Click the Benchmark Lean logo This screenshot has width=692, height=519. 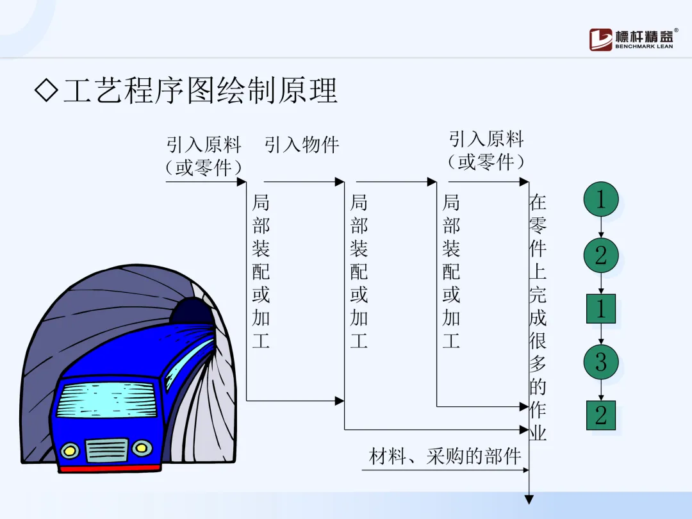630,39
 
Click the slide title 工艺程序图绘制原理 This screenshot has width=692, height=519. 200,92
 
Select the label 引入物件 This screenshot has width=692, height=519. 302,145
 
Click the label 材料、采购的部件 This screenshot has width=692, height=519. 445,457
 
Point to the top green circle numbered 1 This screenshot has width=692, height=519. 601,199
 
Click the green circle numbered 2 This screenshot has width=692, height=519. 601,255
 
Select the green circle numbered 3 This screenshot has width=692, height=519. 601,362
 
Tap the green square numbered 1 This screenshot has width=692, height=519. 601,309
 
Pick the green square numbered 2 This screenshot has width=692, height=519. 601,415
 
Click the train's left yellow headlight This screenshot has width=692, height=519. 70,450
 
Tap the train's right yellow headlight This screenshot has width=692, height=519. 142,447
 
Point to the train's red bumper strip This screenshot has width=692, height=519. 109,468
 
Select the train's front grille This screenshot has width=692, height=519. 106,450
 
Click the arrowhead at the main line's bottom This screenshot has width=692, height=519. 529,500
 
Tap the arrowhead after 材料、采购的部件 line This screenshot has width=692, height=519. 524,470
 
